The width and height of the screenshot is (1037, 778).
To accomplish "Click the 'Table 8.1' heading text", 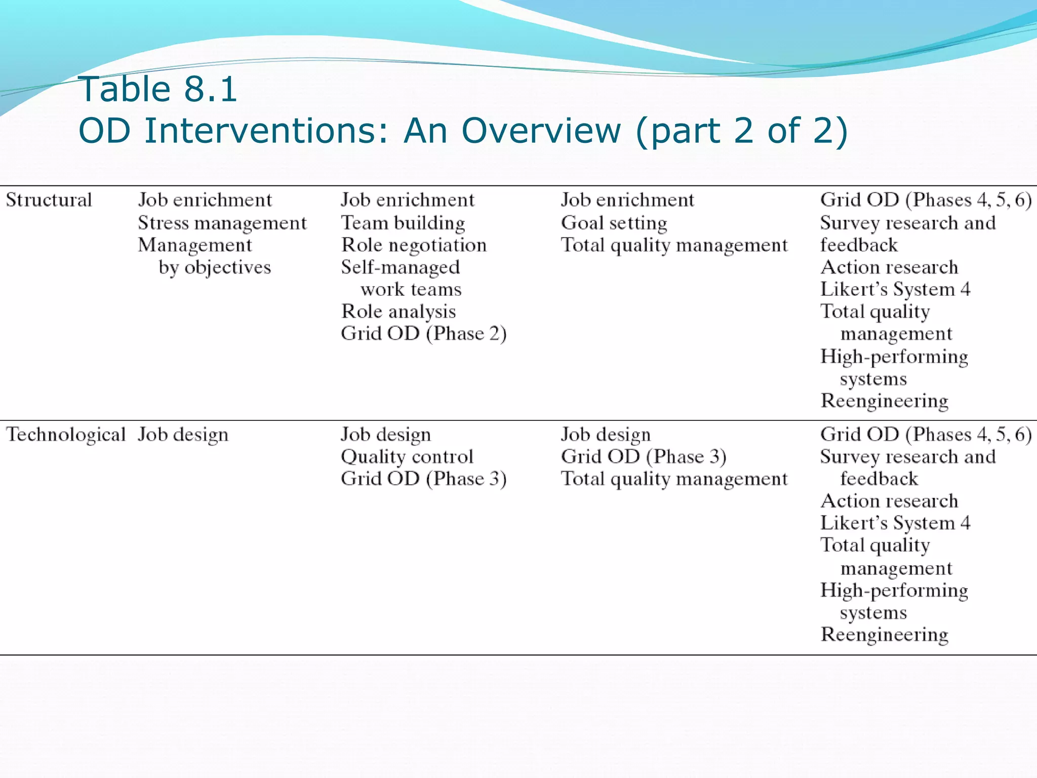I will click(x=158, y=90).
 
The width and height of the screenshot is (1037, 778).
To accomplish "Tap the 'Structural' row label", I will click(x=49, y=200).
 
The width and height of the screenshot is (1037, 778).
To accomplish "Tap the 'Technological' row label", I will click(x=65, y=435).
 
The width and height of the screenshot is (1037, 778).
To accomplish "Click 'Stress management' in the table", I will click(x=222, y=223).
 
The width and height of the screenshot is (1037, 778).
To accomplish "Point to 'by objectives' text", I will click(x=215, y=267).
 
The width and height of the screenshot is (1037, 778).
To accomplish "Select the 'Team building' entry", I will click(x=403, y=223).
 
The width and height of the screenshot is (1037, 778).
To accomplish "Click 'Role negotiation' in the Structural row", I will click(x=414, y=245).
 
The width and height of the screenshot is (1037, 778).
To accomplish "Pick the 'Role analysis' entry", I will click(x=398, y=312).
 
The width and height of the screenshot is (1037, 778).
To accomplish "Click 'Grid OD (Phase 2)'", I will click(x=423, y=334).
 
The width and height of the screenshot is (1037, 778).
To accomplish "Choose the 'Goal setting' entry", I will click(x=614, y=223).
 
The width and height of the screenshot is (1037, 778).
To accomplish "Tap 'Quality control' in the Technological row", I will click(x=407, y=457).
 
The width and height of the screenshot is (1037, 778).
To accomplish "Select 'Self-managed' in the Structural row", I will click(x=400, y=267).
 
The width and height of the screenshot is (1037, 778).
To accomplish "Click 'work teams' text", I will click(x=411, y=290).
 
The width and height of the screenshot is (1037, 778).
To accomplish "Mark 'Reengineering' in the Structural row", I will click(x=884, y=401).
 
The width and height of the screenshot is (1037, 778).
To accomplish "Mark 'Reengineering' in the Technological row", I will click(x=884, y=635).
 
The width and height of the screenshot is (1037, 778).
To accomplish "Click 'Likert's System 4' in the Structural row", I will click(x=895, y=290).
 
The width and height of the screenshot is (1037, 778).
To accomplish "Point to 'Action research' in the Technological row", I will click(x=889, y=501).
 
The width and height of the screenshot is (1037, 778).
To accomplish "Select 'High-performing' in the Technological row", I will click(x=894, y=591).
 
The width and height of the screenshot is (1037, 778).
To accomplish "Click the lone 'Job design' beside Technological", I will click(x=183, y=435).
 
